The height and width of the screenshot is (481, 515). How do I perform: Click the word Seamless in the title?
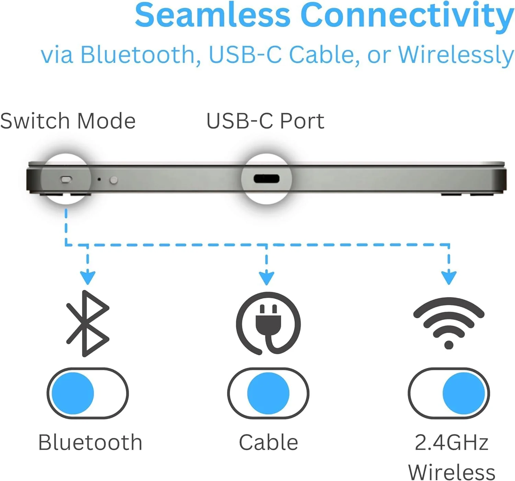(213, 15)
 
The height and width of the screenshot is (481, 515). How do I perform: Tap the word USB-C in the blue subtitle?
(245, 55)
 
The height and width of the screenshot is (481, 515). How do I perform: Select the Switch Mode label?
(68, 121)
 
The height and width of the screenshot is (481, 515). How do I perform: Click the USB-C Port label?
(265, 121)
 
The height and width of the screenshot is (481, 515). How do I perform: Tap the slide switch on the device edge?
(66, 179)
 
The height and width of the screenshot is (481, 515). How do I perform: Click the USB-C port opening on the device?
(266, 179)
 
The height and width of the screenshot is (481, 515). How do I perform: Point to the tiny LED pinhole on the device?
(99, 179)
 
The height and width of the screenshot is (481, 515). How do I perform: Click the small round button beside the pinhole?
(114, 180)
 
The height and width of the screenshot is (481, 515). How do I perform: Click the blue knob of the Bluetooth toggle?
(73, 393)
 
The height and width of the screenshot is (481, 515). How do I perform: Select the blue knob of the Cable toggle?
(268, 393)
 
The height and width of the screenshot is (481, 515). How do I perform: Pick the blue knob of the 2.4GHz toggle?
(463, 393)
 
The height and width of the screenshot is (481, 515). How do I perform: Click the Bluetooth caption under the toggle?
(90, 443)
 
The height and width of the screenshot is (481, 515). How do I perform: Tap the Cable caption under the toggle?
(268, 443)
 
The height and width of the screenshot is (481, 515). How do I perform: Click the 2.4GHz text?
(451, 443)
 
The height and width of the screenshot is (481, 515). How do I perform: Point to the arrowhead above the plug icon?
(266, 278)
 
